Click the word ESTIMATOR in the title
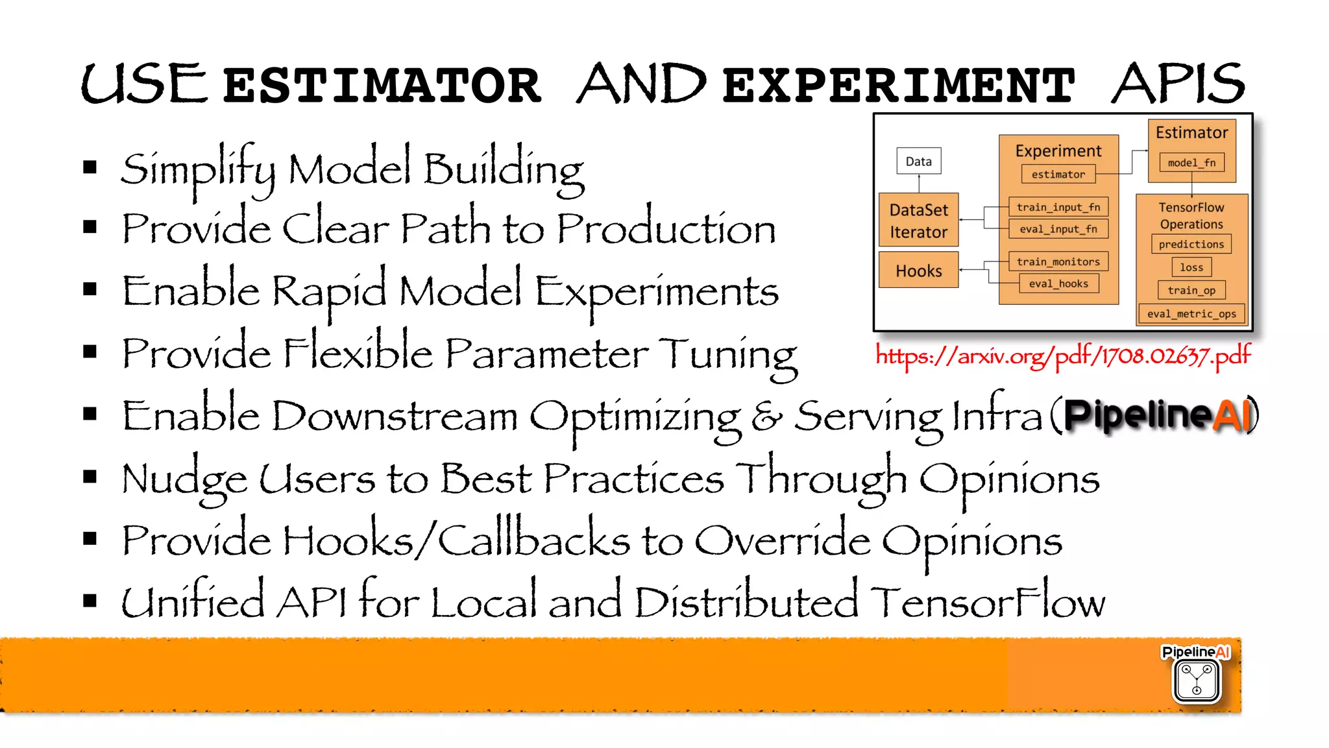[x=382, y=85]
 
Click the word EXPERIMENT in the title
[x=898, y=85]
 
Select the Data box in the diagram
[x=918, y=162]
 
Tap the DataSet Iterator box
[x=918, y=221]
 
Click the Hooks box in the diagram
[x=918, y=271]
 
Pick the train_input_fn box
[x=1058, y=207]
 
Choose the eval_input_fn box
[x=1058, y=229]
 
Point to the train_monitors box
[x=1058, y=261]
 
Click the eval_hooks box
[x=1058, y=284]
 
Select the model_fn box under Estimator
[x=1191, y=163]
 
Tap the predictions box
[x=1191, y=245]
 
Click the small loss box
[x=1191, y=267]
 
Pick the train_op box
[x=1191, y=291]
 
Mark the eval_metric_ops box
[x=1191, y=314]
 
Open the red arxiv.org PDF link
[x=1063, y=356]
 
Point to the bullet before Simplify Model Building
[x=90, y=168]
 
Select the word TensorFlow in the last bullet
[x=987, y=603]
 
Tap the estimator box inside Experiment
[x=1058, y=175]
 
